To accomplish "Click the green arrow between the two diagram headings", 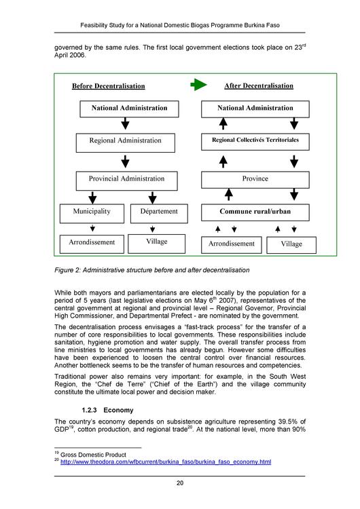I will click(x=198, y=86).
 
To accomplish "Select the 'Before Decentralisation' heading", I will click(x=109, y=86).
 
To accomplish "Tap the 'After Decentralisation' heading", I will click(x=259, y=86).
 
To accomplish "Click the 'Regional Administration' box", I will click(x=126, y=141).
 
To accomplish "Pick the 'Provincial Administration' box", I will click(x=126, y=179).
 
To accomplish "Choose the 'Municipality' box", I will click(x=92, y=212).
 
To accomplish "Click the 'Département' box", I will click(x=158, y=212).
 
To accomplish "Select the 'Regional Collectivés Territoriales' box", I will click(x=255, y=141).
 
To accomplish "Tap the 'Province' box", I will click(x=255, y=179).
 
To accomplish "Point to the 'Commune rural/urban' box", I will click(x=255, y=212).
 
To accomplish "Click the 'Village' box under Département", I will click(x=158, y=242).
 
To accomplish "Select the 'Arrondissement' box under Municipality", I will click(x=92, y=242).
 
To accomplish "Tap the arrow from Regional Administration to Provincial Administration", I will click(x=126, y=161).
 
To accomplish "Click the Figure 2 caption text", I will click(x=152, y=271).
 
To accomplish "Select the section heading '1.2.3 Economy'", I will click(x=108, y=411).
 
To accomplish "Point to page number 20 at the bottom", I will click(x=179, y=483).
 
